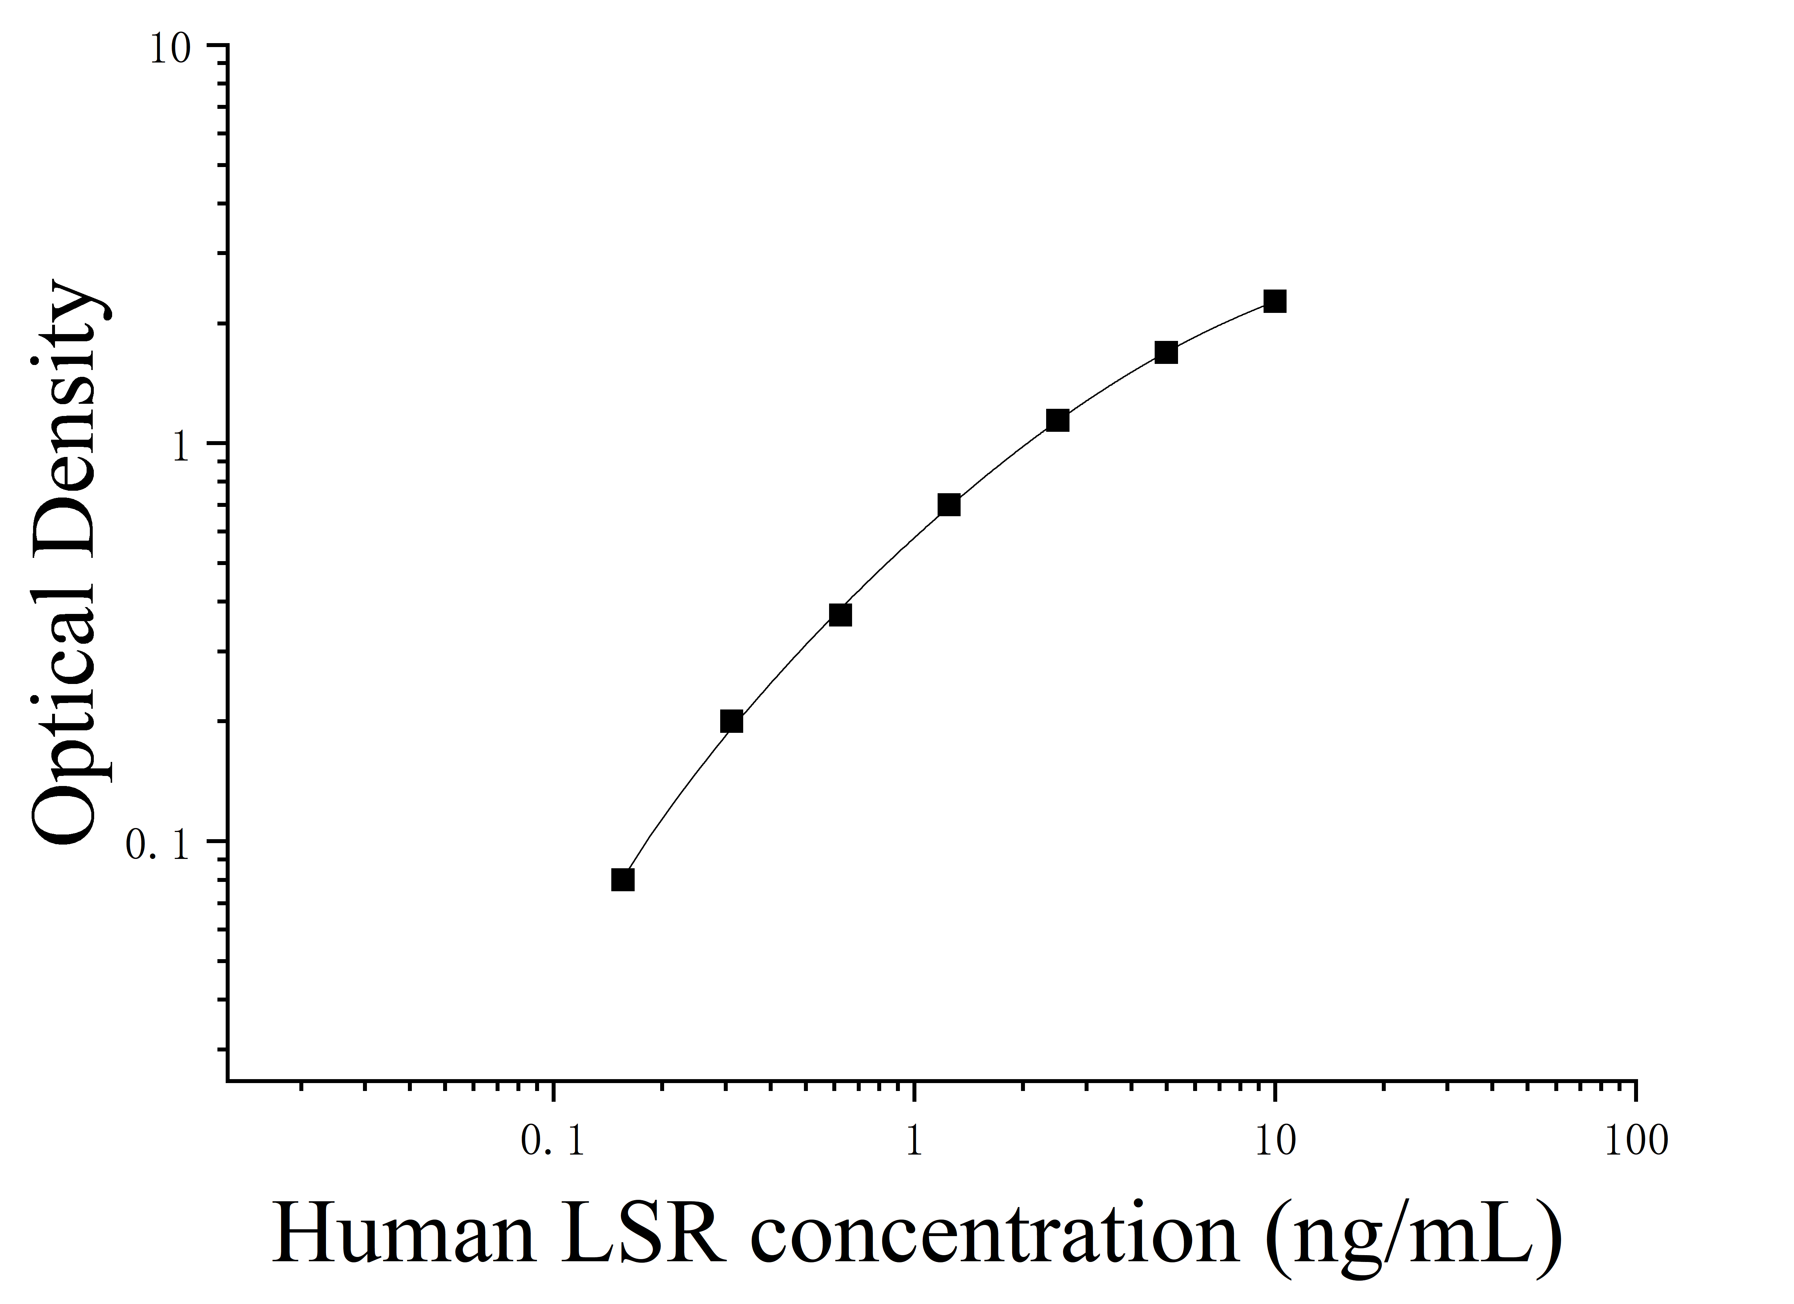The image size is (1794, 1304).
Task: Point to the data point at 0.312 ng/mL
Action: click(x=732, y=721)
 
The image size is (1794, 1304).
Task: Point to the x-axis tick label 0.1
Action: click(x=553, y=1141)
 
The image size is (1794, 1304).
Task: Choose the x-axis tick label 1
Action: click(x=914, y=1141)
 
